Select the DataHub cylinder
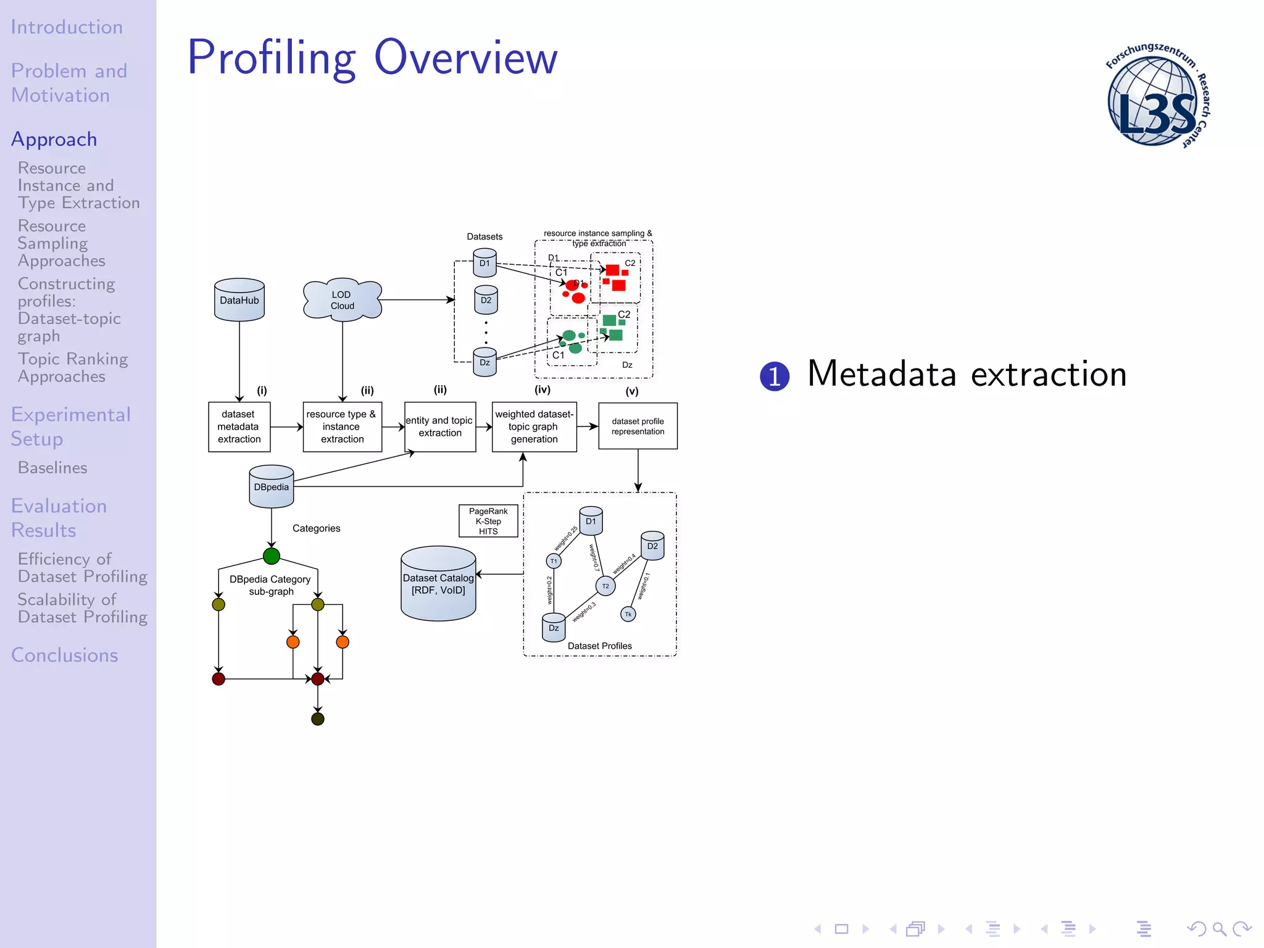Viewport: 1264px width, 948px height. (x=239, y=300)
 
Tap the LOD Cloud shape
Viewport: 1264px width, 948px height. (x=342, y=300)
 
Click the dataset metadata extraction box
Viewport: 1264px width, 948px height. (x=239, y=426)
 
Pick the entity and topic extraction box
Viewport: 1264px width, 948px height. (x=439, y=426)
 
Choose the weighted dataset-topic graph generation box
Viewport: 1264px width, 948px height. (x=534, y=426)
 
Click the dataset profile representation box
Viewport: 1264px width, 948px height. (x=638, y=426)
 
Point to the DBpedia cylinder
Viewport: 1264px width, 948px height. (x=271, y=487)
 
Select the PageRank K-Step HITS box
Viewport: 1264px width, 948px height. (x=488, y=521)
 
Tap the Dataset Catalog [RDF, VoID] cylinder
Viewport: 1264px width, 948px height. (x=438, y=584)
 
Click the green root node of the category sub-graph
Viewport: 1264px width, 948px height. (x=271, y=556)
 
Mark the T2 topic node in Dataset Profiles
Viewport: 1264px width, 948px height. (x=605, y=586)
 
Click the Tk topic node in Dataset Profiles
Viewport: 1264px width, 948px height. (x=628, y=614)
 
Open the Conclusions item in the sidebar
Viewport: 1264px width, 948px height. (x=64, y=655)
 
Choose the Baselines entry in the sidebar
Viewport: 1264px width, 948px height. (x=52, y=468)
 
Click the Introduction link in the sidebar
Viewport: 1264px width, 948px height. (x=67, y=27)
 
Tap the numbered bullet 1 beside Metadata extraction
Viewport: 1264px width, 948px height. (x=774, y=376)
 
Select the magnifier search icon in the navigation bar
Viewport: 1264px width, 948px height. (x=1219, y=928)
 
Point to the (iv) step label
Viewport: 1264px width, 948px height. (x=542, y=389)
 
